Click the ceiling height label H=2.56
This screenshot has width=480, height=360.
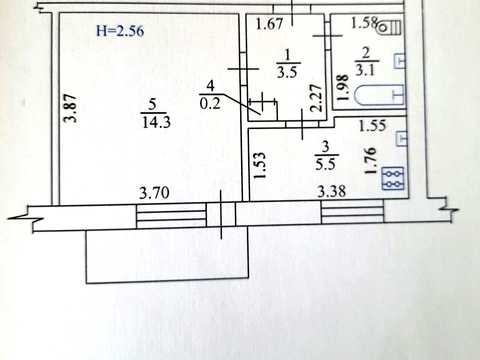pyautogui.click(x=120, y=31)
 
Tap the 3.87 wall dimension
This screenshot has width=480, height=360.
pyautogui.click(x=71, y=109)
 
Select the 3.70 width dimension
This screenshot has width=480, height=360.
pyautogui.click(x=154, y=193)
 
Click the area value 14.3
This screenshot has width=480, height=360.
pyautogui.click(x=156, y=122)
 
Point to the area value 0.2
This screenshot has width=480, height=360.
pyautogui.click(x=210, y=104)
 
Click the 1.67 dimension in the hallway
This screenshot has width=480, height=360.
pyautogui.click(x=269, y=24)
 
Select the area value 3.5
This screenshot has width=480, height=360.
pyautogui.click(x=287, y=72)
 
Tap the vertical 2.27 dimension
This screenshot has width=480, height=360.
pyautogui.click(x=316, y=98)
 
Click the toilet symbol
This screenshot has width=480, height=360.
pyautogui.click(x=389, y=27)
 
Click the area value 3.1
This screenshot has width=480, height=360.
pyautogui.click(x=366, y=70)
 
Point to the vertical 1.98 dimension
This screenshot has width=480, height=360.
pyautogui.click(x=342, y=87)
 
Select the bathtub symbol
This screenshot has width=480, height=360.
pyautogui.click(x=380, y=95)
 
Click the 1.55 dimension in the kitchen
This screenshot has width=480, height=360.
pyautogui.click(x=372, y=125)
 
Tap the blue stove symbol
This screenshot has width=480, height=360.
pyautogui.click(x=393, y=178)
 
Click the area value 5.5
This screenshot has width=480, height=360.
pyautogui.click(x=325, y=164)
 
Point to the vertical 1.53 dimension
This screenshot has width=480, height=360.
pyautogui.click(x=259, y=166)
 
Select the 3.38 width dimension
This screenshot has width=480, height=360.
pyautogui.click(x=331, y=192)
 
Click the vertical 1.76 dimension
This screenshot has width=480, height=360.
pyautogui.click(x=370, y=161)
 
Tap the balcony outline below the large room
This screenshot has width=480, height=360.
pyautogui.click(x=167, y=281)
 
